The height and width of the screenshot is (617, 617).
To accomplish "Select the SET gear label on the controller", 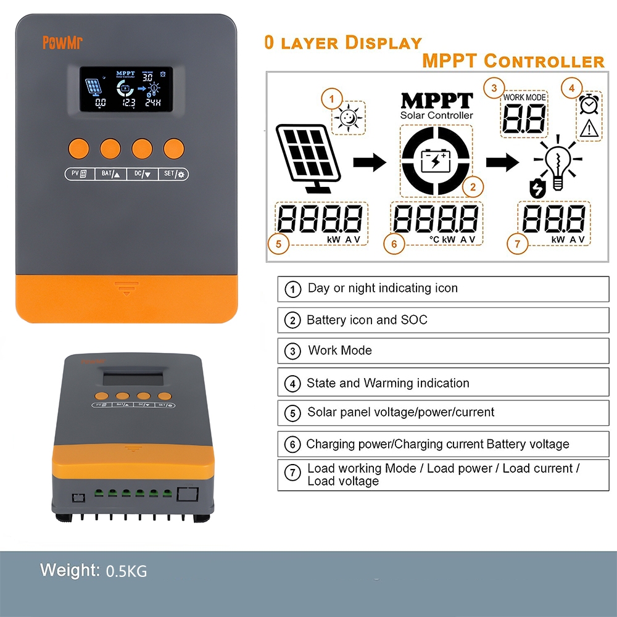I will tap(173, 175).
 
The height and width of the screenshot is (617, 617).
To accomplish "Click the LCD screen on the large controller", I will tap(126, 89).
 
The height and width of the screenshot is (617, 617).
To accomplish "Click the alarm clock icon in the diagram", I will tap(589, 106).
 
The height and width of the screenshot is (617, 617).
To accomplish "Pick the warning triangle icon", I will tap(589, 129).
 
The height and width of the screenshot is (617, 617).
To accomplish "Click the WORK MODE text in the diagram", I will tap(524, 97).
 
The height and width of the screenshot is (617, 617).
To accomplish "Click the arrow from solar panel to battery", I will tap(370, 162).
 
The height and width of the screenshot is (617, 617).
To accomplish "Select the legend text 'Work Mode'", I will tap(340, 350).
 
